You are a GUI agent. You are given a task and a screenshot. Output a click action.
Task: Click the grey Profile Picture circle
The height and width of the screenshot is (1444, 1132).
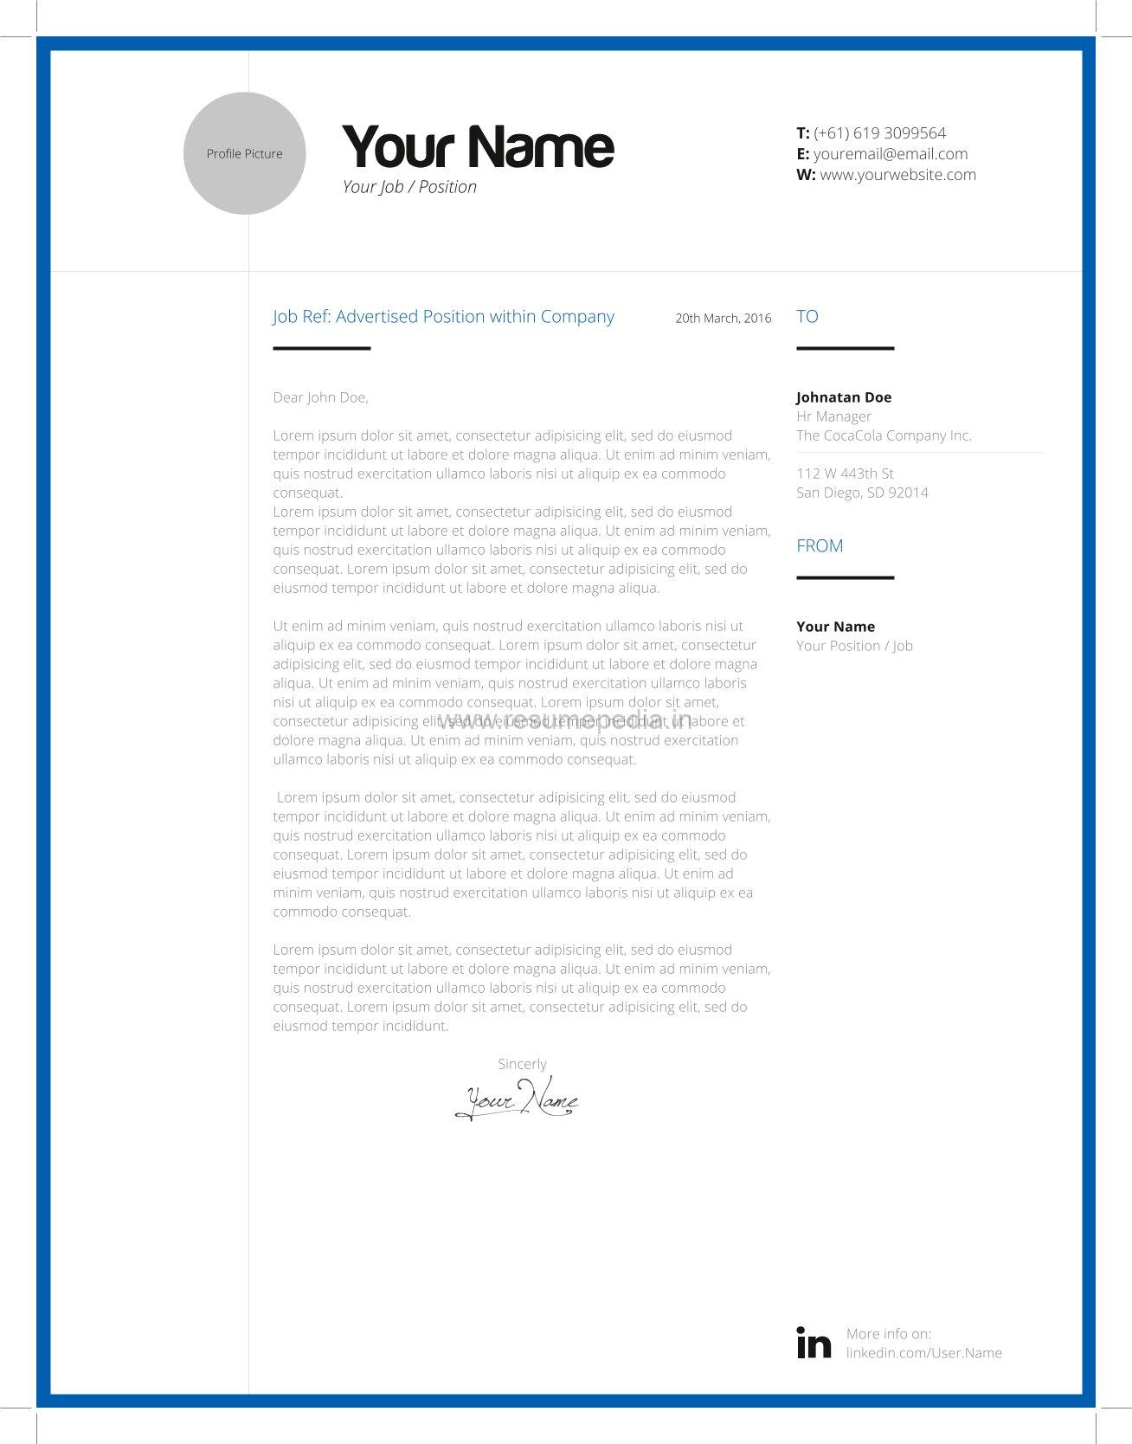tap(244, 153)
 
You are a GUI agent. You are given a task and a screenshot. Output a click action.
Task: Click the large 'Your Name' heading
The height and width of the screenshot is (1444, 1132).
tap(478, 146)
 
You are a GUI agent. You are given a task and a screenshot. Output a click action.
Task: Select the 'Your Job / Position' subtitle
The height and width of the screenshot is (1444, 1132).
tap(409, 187)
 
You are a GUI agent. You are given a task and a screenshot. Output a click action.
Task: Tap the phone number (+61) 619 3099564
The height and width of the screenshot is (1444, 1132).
tap(879, 133)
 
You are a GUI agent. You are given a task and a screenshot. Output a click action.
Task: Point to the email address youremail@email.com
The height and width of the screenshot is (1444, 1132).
tap(890, 154)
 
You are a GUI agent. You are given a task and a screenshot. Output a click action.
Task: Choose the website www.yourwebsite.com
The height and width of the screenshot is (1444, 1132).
tap(897, 175)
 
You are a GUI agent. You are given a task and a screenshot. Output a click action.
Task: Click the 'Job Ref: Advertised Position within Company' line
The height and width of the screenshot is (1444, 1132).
tap(443, 317)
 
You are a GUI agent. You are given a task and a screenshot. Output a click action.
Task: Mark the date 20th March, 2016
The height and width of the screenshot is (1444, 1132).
tap(723, 319)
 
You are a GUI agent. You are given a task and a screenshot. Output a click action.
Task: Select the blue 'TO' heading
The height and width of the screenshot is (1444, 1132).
tap(807, 317)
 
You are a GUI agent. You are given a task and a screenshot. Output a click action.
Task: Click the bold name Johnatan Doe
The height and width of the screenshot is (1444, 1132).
tap(844, 397)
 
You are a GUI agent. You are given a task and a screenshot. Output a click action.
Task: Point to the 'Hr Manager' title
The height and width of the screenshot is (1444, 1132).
tap(833, 416)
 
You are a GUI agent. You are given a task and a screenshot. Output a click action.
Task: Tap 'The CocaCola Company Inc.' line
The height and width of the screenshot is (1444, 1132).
tap(884, 435)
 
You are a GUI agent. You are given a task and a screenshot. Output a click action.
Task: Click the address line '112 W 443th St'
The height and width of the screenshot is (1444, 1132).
tap(845, 474)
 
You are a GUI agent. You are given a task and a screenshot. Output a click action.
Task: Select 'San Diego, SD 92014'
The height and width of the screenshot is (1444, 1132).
tap(862, 493)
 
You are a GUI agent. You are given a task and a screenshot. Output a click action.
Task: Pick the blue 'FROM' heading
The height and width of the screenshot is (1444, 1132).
tap(820, 546)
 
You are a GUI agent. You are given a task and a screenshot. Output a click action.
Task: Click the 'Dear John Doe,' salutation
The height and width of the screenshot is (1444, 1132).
tap(320, 397)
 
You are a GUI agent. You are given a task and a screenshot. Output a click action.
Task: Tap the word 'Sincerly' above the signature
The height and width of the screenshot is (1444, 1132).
tap(522, 1064)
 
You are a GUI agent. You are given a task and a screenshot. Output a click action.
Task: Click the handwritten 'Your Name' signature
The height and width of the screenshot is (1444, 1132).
tap(518, 1100)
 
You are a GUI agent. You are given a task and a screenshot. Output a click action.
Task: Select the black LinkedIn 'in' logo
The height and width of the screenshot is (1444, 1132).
tap(814, 1343)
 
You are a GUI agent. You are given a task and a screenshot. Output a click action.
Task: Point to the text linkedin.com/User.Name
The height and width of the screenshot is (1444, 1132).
tap(923, 1353)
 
